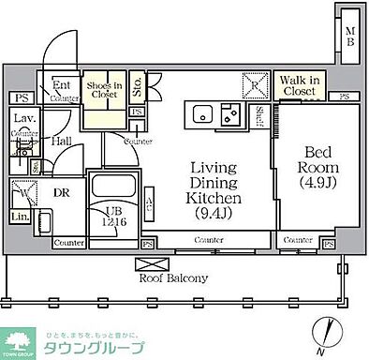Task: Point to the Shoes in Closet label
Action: click(x=105, y=90)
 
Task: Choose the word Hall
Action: click(x=62, y=141)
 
